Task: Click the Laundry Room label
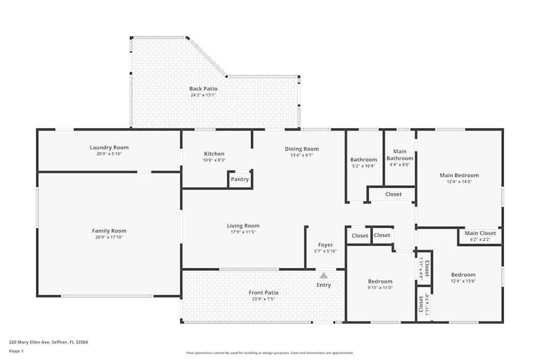109,147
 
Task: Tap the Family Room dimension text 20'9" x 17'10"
109,237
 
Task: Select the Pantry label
240,179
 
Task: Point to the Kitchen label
214,154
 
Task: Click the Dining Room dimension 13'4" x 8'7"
302,155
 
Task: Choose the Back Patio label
203,89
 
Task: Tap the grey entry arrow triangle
323,275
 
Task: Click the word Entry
324,285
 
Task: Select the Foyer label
325,245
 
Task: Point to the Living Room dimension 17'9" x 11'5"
243,232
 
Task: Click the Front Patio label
264,293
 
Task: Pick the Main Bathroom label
400,155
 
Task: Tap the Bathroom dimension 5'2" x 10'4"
363,166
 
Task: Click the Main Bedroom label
459,175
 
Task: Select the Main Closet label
480,233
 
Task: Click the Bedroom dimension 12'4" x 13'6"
463,281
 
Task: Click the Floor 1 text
17,351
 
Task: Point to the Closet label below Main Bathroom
393,194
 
